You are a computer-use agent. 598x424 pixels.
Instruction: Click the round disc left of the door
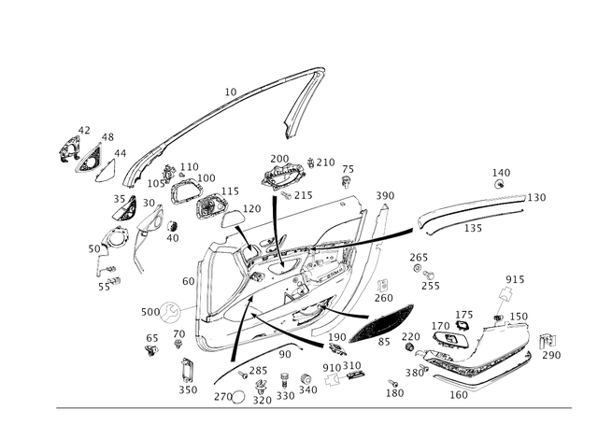[x=168, y=310]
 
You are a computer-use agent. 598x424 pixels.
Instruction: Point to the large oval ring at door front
[x=212, y=280]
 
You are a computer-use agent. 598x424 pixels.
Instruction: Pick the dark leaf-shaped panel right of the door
[x=384, y=322]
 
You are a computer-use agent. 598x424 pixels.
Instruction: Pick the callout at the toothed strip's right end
[x=538, y=196]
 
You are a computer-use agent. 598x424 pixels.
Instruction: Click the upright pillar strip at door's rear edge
[x=381, y=238]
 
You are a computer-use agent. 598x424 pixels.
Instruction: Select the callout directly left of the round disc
[x=147, y=309]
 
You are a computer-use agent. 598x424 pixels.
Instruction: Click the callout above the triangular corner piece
[x=83, y=127]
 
